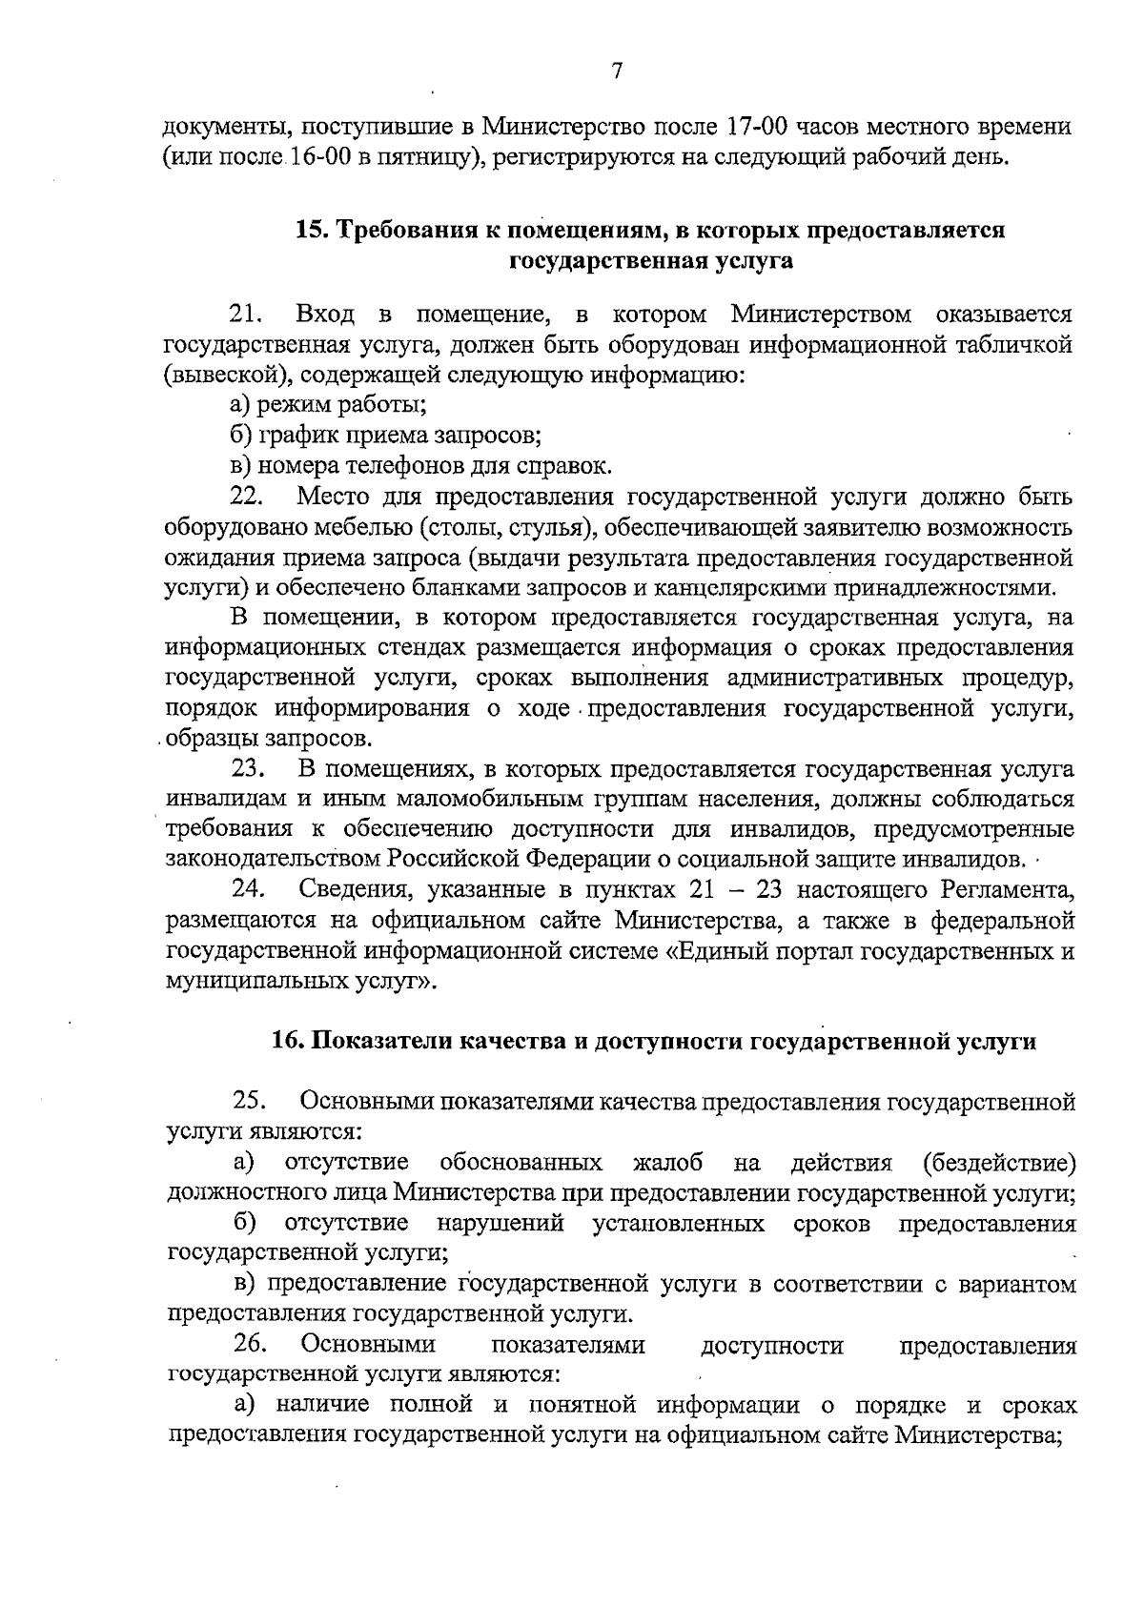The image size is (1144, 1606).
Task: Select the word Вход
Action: [326, 314]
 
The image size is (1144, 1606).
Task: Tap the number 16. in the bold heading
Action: [287, 1042]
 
